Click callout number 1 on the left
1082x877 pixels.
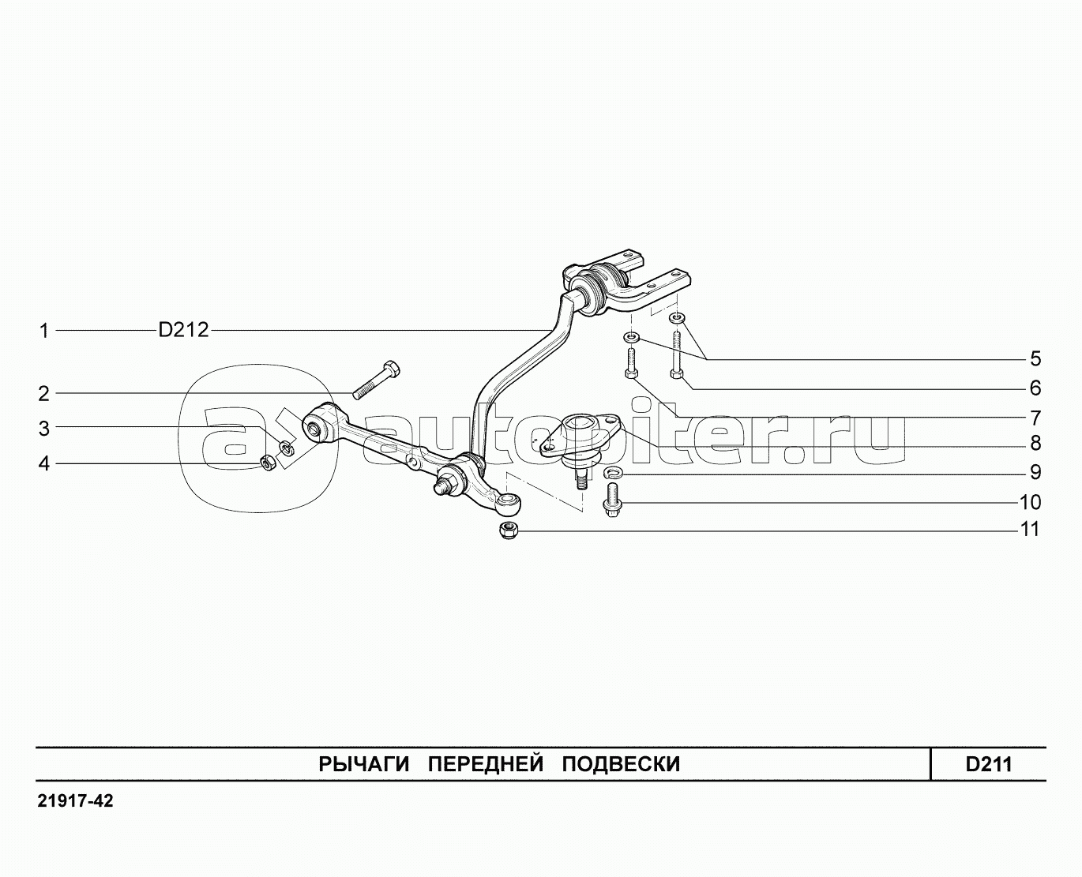click(45, 331)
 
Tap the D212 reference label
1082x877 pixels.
click(183, 330)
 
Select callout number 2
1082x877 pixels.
click(45, 393)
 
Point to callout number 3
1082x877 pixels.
click(45, 429)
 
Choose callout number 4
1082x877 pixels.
click(45, 463)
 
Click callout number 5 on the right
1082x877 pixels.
click(1035, 359)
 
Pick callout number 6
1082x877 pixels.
click(1035, 388)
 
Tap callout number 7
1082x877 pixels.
click(1035, 418)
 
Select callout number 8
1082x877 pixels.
click(1035, 444)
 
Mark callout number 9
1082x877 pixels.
click(1035, 473)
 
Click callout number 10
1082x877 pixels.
click(1030, 502)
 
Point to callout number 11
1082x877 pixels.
click(1030, 529)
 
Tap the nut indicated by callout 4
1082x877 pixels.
click(268, 463)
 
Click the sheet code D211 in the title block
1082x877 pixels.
click(988, 764)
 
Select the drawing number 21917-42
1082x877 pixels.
click(75, 801)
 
